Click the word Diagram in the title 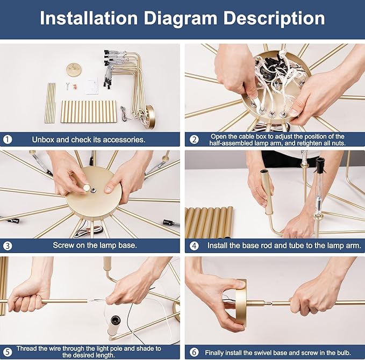(x=181, y=19)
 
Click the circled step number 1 (x=8, y=140)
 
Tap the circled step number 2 (x=194, y=140)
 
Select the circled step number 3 (x=8, y=246)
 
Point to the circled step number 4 (x=194, y=246)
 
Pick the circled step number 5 (x=8, y=352)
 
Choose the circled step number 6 (x=194, y=352)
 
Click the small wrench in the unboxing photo (x=68, y=86)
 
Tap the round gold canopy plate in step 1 (x=73, y=69)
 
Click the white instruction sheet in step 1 (x=92, y=87)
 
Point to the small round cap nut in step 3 (x=87, y=188)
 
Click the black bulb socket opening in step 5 (x=116, y=320)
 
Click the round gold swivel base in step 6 (x=241, y=303)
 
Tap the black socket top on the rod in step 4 (x=320, y=164)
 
